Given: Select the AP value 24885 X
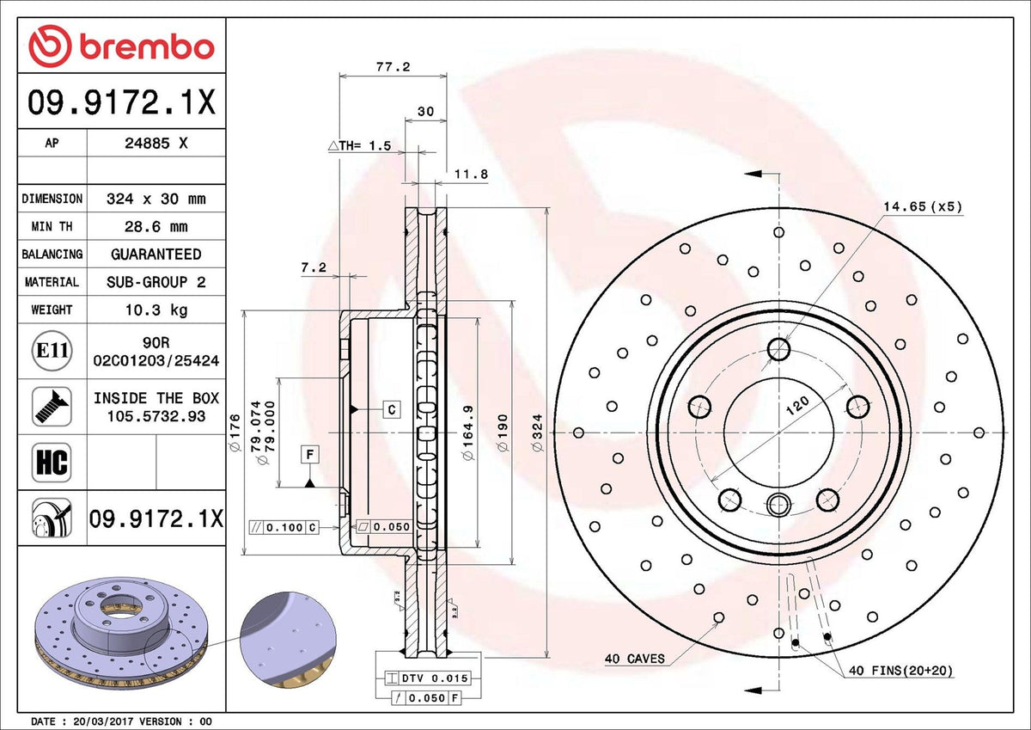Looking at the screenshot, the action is (156, 144).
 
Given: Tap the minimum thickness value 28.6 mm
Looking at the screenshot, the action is (156, 227).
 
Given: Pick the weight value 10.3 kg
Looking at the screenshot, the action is (156, 310).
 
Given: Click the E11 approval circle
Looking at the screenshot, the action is (52, 351).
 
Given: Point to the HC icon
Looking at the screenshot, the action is (52, 462).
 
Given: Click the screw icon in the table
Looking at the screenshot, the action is (52, 407).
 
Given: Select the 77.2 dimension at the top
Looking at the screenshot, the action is (393, 67).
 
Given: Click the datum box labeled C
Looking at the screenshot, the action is (392, 409).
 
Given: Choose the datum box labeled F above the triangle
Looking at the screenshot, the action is (310, 455).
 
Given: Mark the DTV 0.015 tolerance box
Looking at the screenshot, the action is (428, 678).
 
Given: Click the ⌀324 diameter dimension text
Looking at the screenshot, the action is (537, 432).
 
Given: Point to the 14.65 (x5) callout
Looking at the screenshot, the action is (923, 207).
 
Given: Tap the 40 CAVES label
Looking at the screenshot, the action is (635, 659).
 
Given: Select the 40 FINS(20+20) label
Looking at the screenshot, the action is (900, 671).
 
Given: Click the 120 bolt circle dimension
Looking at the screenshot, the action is (796, 405).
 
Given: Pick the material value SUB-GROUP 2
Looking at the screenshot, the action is (156, 282).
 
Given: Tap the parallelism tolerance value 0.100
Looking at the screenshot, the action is (284, 527).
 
